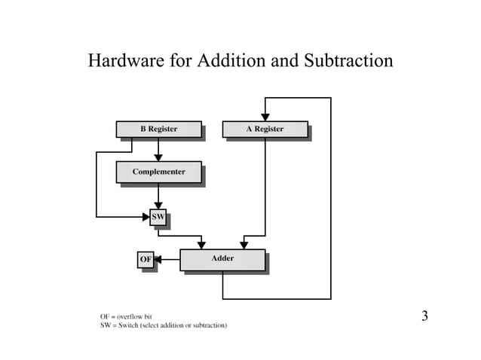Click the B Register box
pyautogui.click(x=158, y=129)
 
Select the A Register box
pyautogui.click(x=265, y=129)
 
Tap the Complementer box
pyautogui.click(x=158, y=172)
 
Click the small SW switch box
pyautogui.click(x=158, y=217)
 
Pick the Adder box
pyautogui.click(x=222, y=259)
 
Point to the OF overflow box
pyautogui.click(x=146, y=260)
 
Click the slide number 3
pyautogui.click(x=424, y=316)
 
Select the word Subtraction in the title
pyautogui.click(x=349, y=60)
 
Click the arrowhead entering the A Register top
pyautogui.click(x=265, y=116)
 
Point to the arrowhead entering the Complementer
pyautogui.click(x=158, y=157)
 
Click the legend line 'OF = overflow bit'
pyautogui.click(x=126, y=316)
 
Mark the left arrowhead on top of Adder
pyautogui.click(x=201, y=245)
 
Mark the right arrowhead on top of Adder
pyautogui.click(x=244, y=245)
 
